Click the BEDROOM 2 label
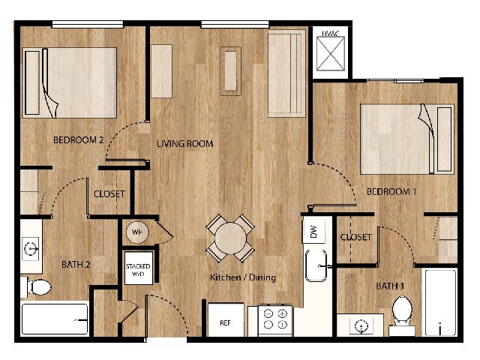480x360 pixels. point(78,140)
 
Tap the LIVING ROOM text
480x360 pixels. point(184,144)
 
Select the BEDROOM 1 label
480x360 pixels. point(391,192)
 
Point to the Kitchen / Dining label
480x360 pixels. point(242,277)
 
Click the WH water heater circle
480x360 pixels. point(137,232)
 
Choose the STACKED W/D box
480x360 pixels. point(138,270)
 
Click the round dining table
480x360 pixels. point(231,237)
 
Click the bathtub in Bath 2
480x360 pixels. point(55,319)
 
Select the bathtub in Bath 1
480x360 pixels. point(439,302)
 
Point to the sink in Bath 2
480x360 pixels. point(31,247)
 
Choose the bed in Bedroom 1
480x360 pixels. point(407,131)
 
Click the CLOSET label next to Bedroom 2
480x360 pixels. point(109,194)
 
